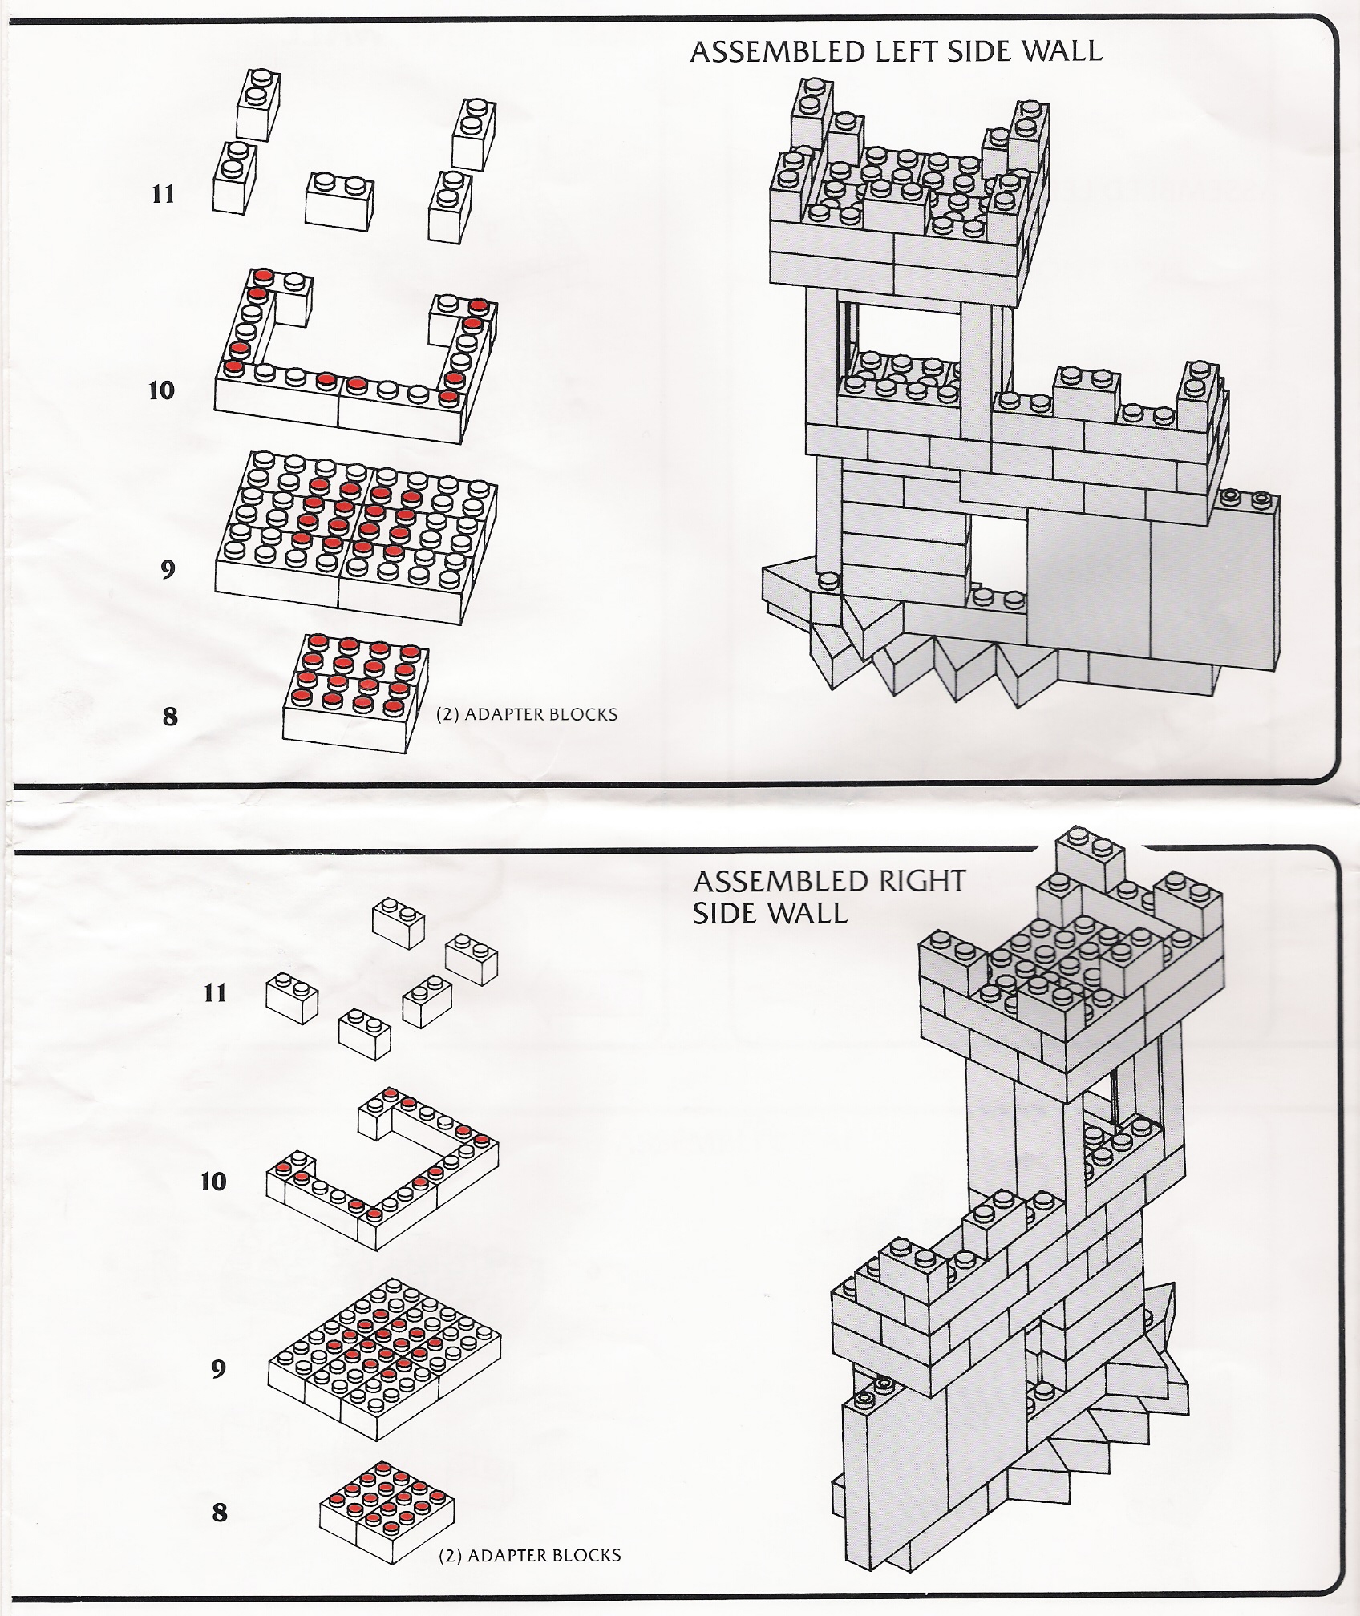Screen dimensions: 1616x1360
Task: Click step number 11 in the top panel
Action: point(164,194)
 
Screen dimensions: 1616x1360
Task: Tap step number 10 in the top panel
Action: point(161,390)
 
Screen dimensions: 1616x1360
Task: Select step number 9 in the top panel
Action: point(168,569)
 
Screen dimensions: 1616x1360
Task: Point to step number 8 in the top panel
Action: point(170,716)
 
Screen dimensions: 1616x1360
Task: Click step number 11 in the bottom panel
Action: point(215,993)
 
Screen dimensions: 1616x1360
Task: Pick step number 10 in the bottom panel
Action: point(213,1182)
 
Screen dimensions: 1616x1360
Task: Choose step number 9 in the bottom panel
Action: point(218,1368)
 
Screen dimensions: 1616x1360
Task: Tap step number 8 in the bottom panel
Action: point(220,1513)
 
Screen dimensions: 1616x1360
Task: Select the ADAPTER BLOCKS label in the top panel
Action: point(527,714)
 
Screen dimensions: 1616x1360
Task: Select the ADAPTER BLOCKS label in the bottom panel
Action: point(530,1556)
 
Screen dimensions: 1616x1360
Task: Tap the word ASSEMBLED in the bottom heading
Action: point(769,881)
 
